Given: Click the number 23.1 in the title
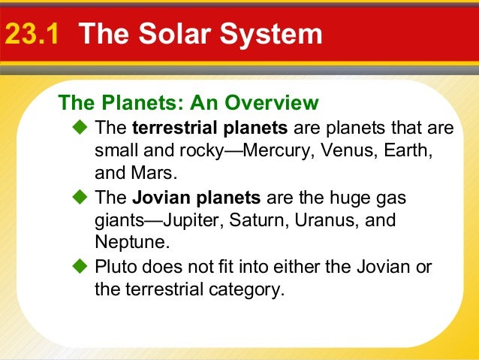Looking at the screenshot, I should [32, 35].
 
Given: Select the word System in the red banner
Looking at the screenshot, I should [271, 35].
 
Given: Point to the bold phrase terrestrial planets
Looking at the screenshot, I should [209, 129].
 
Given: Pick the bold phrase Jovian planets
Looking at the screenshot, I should [196, 198].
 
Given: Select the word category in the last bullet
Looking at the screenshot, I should [247, 289].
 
